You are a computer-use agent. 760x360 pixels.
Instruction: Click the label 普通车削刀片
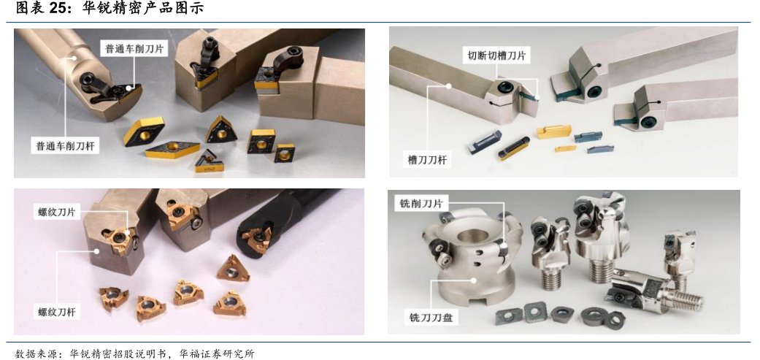tap(134, 49)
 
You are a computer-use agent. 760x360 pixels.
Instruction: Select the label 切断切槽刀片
tap(496, 55)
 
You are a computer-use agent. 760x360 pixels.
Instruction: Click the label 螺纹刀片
tap(57, 212)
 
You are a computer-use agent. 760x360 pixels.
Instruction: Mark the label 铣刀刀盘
tap(431, 318)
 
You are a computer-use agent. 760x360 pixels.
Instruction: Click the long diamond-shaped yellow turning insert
tap(172, 149)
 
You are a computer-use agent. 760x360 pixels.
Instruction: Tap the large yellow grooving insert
tap(554, 131)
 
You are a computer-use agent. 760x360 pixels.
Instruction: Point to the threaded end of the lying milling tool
tap(687, 301)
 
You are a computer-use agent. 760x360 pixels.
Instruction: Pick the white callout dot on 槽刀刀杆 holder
tap(449, 86)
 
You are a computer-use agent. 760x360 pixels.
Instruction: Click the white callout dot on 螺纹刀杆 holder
tap(97, 251)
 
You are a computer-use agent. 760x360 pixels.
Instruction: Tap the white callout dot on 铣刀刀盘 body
tap(475, 280)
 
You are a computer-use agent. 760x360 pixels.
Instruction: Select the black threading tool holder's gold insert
tap(255, 239)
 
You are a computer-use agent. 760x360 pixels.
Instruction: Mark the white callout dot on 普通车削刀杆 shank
tap(74, 57)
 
